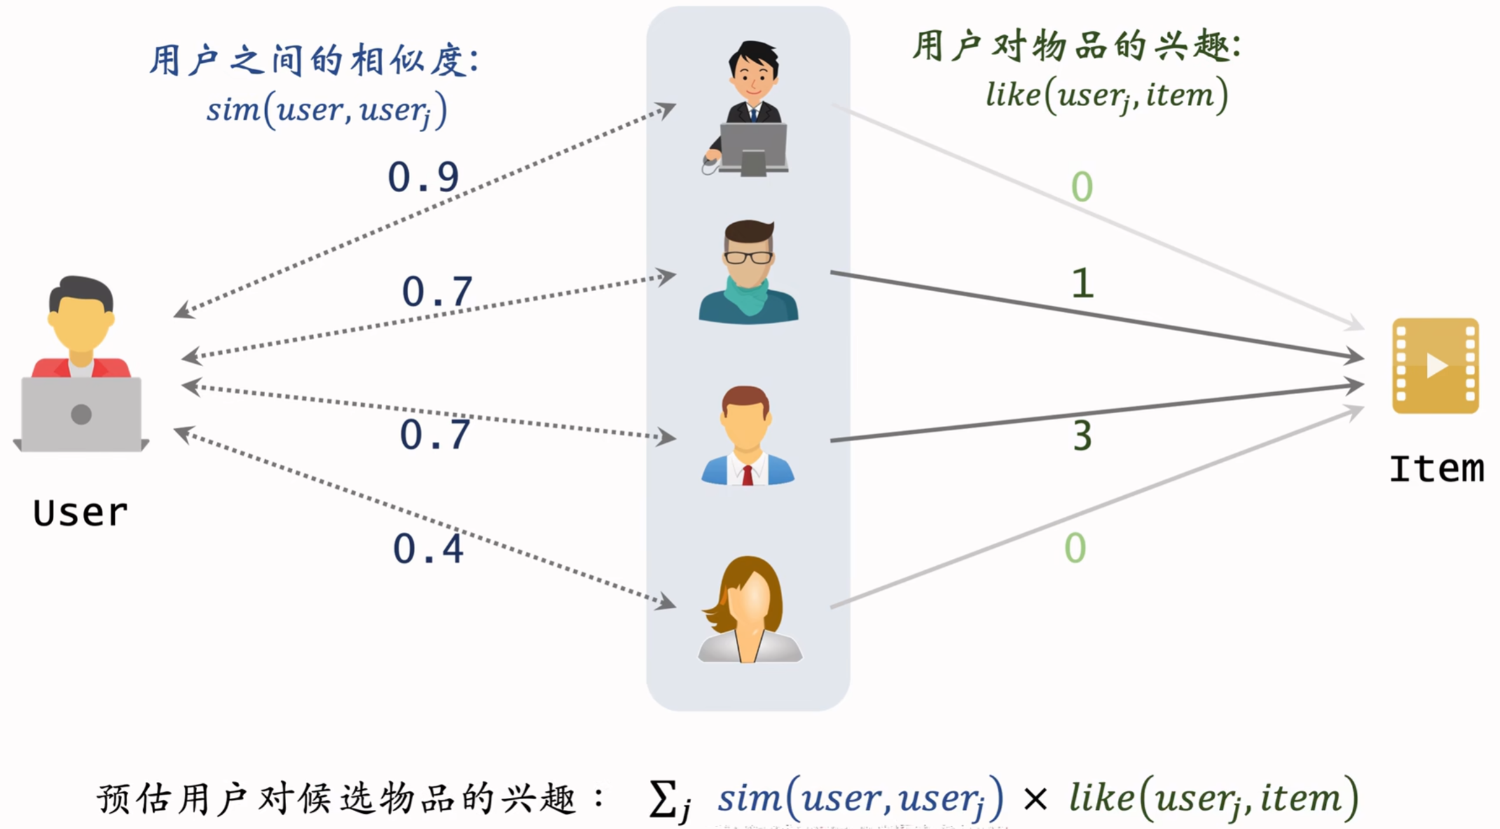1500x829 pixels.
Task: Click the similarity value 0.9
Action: tap(423, 177)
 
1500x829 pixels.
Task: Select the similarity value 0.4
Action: tap(428, 549)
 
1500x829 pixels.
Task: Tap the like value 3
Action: tap(1082, 436)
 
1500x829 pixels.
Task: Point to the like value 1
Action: tap(1082, 284)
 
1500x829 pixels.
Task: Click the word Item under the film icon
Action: tap(1436, 469)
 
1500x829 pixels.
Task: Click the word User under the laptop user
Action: tap(81, 513)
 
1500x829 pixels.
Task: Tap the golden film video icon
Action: tap(1435, 366)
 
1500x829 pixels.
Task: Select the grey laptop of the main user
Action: tap(81, 414)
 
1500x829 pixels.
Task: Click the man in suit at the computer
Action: tap(750, 108)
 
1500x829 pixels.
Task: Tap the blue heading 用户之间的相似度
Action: tap(314, 62)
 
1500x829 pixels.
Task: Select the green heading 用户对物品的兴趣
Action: tap(1076, 46)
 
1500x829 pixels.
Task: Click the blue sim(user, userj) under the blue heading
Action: tap(327, 111)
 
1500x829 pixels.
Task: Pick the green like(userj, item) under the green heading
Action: tap(1106, 96)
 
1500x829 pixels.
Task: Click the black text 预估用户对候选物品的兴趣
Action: tap(337, 799)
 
